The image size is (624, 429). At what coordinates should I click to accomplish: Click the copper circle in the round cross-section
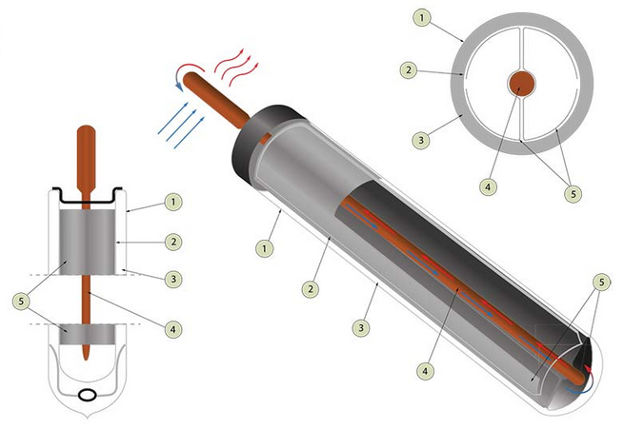[521, 84]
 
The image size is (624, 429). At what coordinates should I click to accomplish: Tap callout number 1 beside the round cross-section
[422, 18]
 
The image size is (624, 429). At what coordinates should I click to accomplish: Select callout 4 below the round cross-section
[489, 186]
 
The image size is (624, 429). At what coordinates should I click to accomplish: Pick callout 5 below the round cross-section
[574, 193]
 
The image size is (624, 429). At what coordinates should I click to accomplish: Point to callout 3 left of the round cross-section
[421, 140]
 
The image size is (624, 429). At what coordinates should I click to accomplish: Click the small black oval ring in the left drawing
[88, 395]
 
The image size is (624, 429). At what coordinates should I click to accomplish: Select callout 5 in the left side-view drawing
[21, 302]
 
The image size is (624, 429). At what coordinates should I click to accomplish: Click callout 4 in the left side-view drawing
[172, 329]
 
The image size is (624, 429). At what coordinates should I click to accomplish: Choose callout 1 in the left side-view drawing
[173, 202]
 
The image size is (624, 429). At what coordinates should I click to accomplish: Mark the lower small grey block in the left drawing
[87, 335]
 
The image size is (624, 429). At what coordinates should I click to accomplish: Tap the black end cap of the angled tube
[259, 139]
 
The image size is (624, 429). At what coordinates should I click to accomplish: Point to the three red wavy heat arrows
[237, 67]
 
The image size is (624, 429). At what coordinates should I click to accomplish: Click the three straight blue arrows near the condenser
[181, 126]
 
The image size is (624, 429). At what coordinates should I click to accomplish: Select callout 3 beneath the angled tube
[361, 328]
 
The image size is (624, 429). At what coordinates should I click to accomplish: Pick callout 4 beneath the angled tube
[425, 371]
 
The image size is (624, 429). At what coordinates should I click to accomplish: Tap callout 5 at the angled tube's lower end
[601, 282]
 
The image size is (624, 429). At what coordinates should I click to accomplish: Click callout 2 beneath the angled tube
[311, 289]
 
